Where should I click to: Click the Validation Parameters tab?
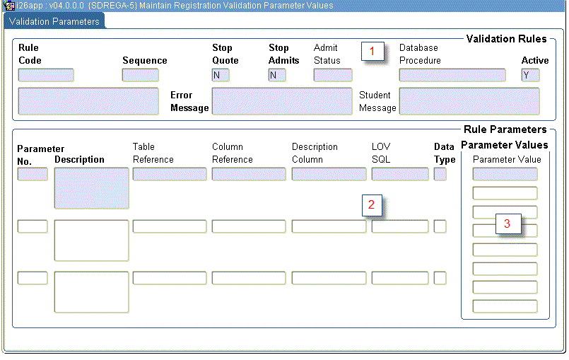click(x=54, y=21)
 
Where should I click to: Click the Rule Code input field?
click(x=46, y=75)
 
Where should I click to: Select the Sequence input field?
click(x=140, y=75)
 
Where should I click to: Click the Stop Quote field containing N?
click(x=220, y=75)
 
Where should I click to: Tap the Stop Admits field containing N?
click(x=276, y=75)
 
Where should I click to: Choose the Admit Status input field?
click(x=332, y=75)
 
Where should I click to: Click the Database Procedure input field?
click(x=452, y=75)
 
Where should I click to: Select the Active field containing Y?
click(x=530, y=75)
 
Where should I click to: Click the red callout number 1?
click(x=373, y=51)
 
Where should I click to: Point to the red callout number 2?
click(x=372, y=204)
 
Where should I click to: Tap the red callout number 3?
click(x=507, y=223)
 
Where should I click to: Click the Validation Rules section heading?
click(x=506, y=38)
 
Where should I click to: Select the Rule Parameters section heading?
click(x=505, y=129)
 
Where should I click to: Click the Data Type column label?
click(x=444, y=153)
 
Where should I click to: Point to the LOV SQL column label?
click(x=381, y=153)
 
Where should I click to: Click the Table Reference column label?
click(x=153, y=153)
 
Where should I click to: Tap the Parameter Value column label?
click(x=506, y=160)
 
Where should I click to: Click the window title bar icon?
click(x=9, y=5)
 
